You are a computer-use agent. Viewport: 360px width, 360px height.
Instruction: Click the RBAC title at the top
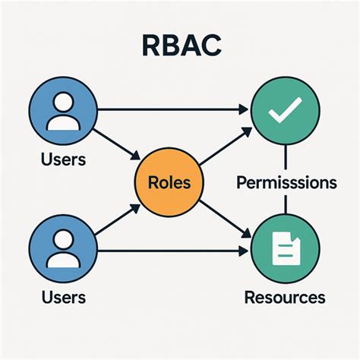click(x=181, y=45)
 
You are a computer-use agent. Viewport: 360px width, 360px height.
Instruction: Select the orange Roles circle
click(x=169, y=182)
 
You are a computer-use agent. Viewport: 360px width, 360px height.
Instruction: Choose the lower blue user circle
click(x=62, y=250)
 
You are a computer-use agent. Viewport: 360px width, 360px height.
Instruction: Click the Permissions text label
click(x=286, y=183)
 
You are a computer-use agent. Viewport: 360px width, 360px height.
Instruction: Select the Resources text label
click(x=285, y=297)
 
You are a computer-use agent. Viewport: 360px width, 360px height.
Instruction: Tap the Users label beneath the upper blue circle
click(x=63, y=159)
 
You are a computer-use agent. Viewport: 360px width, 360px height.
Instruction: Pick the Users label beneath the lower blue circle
click(x=63, y=297)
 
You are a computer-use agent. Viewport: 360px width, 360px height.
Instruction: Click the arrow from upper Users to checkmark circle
click(x=175, y=110)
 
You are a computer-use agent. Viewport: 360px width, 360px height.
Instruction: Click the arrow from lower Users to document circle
click(x=175, y=251)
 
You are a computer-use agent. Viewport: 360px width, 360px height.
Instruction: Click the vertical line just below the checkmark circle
click(x=285, y=157)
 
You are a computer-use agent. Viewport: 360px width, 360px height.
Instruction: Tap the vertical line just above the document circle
click(x=285, y=205)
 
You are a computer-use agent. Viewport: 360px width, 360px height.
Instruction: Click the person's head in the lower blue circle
click(x=62, y=242)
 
